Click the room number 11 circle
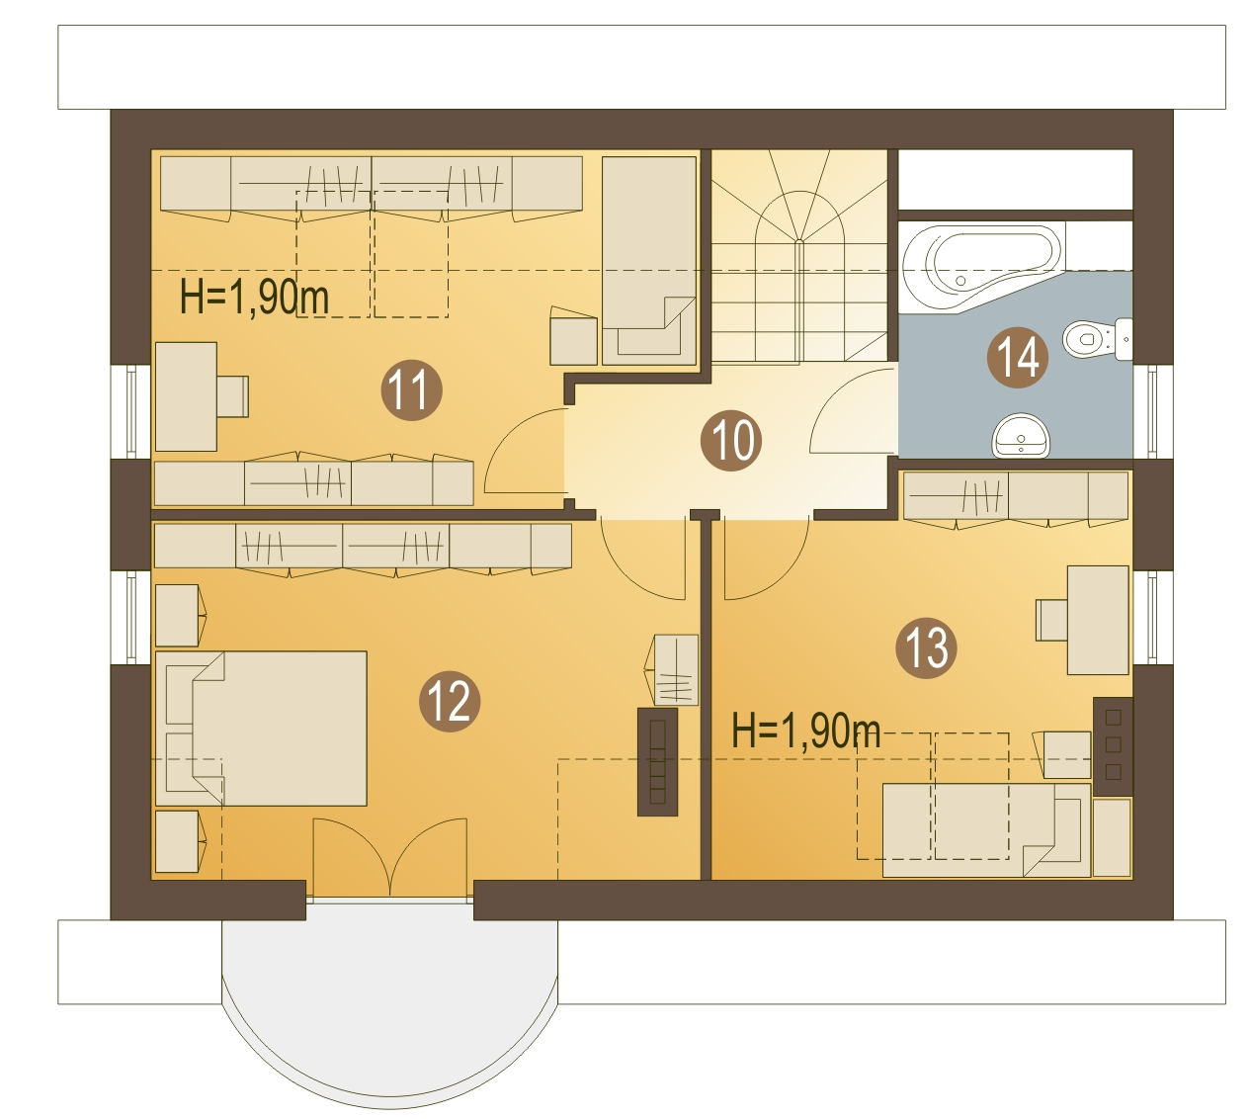tap(411, 389)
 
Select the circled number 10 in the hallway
tap(731, 440)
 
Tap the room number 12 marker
tap(450, 701)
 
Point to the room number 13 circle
tap(926, 647)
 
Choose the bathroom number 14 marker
tap(1018, 357)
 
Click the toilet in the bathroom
tap(1097, 339)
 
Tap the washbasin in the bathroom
tap(1021, 436)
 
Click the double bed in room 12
tap(261, 728)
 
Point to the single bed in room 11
tap(649, 260)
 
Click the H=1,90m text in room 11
tap(254, 298)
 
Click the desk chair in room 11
tap(232, 396)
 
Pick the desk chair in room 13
tap(1052, 620)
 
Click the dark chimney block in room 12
tap(657, 762)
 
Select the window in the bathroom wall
tap(1152, 411)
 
